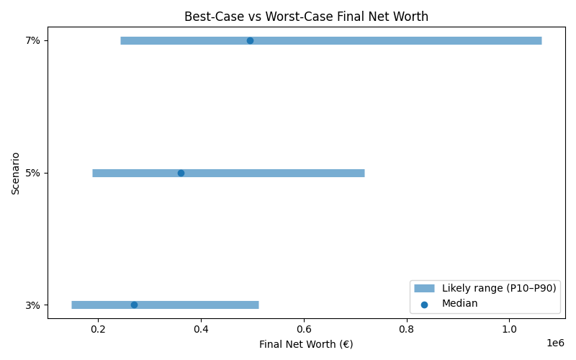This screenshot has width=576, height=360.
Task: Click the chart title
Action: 307,17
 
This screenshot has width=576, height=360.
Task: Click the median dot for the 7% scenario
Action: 250,40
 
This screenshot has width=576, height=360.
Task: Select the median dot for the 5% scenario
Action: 181,173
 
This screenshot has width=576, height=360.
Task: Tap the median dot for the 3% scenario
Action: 134,305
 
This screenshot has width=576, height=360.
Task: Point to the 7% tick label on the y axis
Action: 32,40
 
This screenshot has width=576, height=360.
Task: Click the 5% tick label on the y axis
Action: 32,173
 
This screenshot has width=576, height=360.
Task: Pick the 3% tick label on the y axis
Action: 32,305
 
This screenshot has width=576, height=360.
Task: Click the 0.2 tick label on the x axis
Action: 98,330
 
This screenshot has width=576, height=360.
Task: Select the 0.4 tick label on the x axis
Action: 201,330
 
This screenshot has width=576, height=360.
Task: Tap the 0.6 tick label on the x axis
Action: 304,330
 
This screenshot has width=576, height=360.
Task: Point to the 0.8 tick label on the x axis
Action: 407,330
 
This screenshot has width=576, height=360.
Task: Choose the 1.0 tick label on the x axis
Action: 510,330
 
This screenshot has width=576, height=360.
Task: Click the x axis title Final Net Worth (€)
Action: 307,345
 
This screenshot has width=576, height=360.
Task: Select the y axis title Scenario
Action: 16,173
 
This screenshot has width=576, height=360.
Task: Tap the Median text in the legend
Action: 459,304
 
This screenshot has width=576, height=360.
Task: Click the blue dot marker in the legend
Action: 424,304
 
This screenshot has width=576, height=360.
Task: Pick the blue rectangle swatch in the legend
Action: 424,288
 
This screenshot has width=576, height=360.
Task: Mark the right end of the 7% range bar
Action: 541,40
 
